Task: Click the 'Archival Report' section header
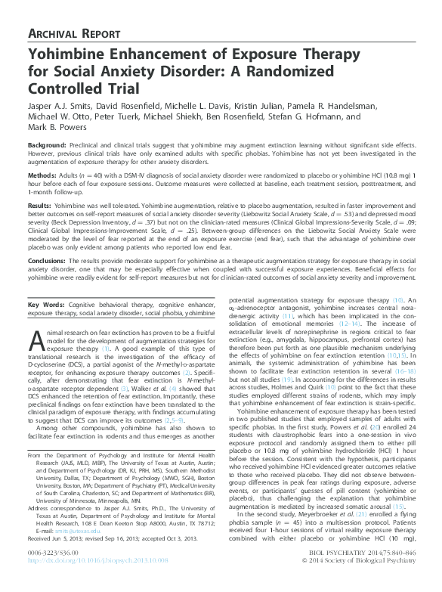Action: click(x=71, y=34)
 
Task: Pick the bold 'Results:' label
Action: click(x=39, y=205)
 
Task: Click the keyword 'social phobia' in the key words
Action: click(x=161, y=312)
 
